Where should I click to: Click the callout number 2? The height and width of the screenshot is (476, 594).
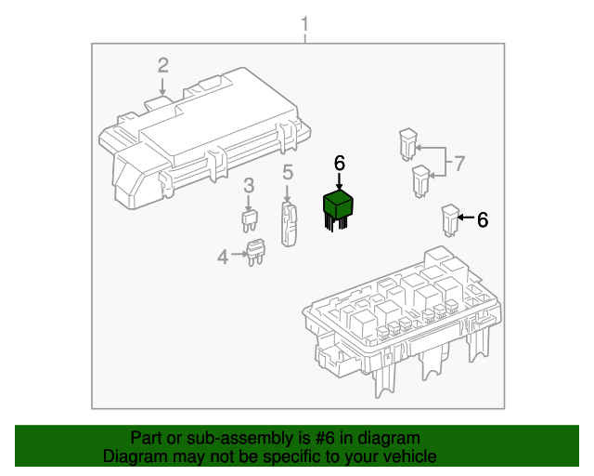pos(162,65)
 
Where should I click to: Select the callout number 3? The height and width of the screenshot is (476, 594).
pos(249,187)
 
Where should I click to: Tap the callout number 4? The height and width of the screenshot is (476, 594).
pos(223,256)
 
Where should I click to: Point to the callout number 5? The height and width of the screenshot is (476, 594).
pos(288,171)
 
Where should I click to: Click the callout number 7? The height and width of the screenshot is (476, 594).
pos(458,165)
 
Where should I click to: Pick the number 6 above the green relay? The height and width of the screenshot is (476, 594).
pos(339,164)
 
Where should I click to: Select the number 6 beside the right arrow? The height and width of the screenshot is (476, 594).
pos(483,220)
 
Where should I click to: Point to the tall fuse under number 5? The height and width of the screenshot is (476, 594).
pos(289,226)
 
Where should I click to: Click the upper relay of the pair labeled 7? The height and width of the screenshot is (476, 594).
pos(407,142)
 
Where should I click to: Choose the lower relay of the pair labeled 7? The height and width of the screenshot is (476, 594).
pos(420,178)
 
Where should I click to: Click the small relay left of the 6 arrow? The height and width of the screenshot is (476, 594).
pos(450,219)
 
